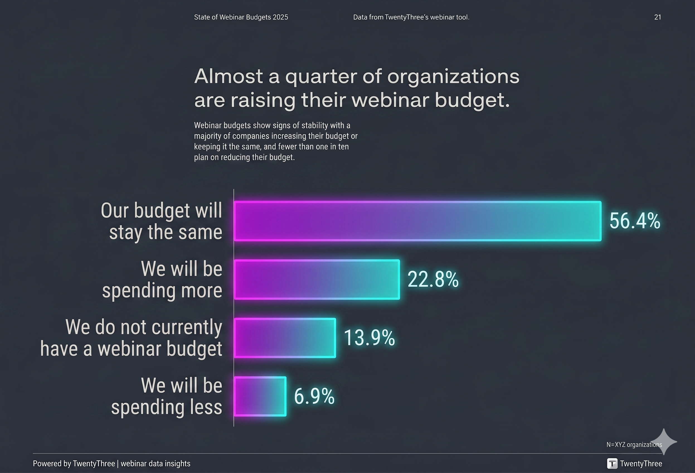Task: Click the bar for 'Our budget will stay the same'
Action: tap(417, 221)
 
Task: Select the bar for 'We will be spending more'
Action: tap(317, 279)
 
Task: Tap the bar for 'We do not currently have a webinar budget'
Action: tap(285, 338)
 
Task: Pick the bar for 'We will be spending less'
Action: tap(260, 396)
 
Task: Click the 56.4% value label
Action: tap(635, 221)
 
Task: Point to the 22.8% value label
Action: tap(433, 279)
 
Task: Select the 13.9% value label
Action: tap(369, 338)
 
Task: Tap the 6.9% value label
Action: tap(314, 396)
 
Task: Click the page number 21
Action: tap(657, 17)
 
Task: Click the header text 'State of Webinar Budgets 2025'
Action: tap(241, 17)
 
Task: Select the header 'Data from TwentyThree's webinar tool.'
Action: tap(411, 17)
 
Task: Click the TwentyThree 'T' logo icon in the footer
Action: tap(612, 464)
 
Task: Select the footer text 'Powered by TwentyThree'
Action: tap(74, 464)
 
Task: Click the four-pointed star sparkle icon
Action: tap(663, 441)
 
